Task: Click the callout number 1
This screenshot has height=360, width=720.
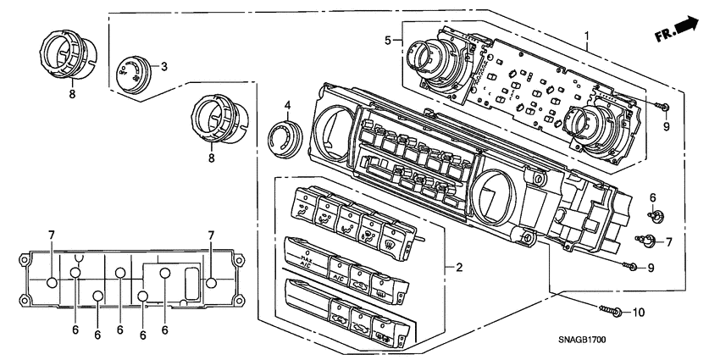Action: point(585,36)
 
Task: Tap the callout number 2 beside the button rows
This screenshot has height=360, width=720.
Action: point(458,269)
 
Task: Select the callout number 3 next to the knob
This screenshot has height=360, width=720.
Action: point(163,66)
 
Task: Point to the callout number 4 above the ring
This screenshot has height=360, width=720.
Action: point(287,106)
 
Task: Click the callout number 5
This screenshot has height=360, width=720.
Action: point(388,40)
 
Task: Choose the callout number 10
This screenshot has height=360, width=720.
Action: point(638,312)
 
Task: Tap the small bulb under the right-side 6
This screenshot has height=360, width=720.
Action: point(654,213)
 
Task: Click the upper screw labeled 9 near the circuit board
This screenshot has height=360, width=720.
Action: point(663,107)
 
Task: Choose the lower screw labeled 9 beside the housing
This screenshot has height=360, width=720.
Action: point(629,267)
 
